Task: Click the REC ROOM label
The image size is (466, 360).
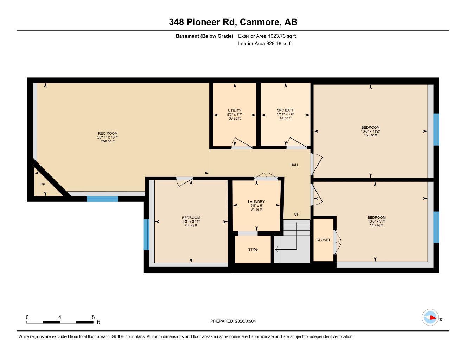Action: click(108, 133)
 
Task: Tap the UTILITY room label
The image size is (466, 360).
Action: click(235, 111)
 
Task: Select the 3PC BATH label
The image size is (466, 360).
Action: click(285, 110)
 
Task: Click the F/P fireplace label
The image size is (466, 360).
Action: click(42, 184)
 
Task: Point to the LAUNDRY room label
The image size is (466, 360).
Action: click(256, 202)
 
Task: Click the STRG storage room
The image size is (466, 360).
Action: click(253, 249)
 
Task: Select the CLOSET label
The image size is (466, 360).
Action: click(323, 240)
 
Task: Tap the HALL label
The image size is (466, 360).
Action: click(294, 165)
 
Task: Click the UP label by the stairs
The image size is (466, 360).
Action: click(296, 214)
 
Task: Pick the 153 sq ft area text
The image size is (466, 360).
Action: click(370, 135)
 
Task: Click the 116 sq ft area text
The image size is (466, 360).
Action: click(376, 225)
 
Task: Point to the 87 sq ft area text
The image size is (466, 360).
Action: click(191, 225)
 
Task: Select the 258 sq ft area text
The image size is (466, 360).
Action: click(108, 141)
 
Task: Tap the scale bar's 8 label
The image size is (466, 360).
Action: click(93, 317)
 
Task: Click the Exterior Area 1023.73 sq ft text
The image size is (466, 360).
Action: click(267, 36)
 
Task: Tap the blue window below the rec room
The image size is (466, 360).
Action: click(102, 199)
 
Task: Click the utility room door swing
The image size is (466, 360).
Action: click(239, 142)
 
